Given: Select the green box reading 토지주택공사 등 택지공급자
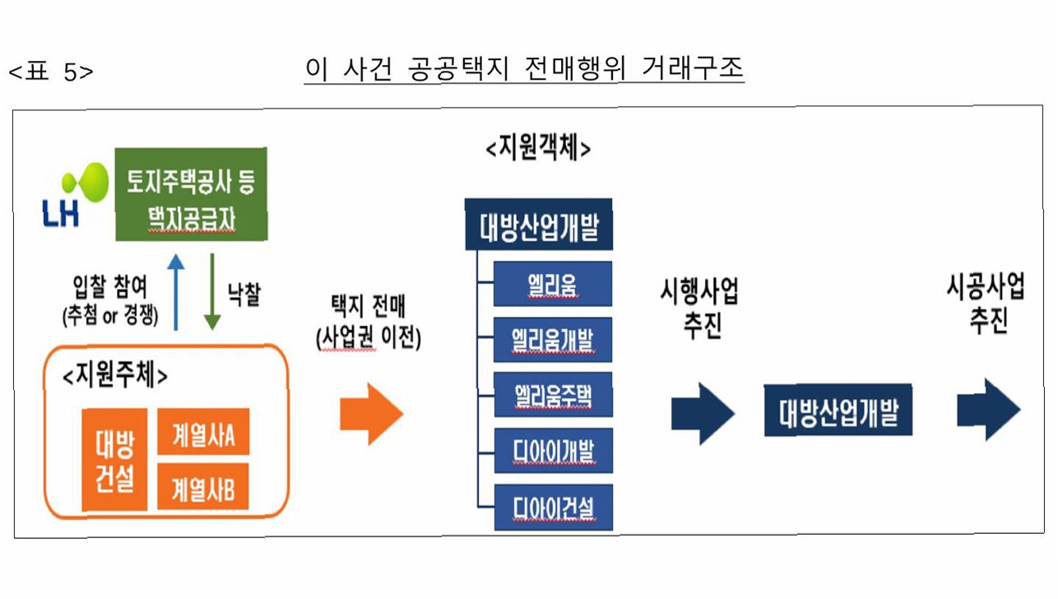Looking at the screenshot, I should click(x=191, y=194).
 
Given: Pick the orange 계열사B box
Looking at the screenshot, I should click(x=203, y=490).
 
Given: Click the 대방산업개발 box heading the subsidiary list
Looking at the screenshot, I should click(x=538, y=224).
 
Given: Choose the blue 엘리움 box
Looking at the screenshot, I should click(x=552, y=284).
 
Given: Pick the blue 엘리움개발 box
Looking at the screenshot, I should click(x=552, y=339).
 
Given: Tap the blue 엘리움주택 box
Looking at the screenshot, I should click(x=552, y=395).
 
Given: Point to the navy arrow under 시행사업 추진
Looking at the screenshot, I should click(x=703, y=413).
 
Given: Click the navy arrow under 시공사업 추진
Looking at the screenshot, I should click(x=989, y=410).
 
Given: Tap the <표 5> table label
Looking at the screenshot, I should click(x=51, y=72).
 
